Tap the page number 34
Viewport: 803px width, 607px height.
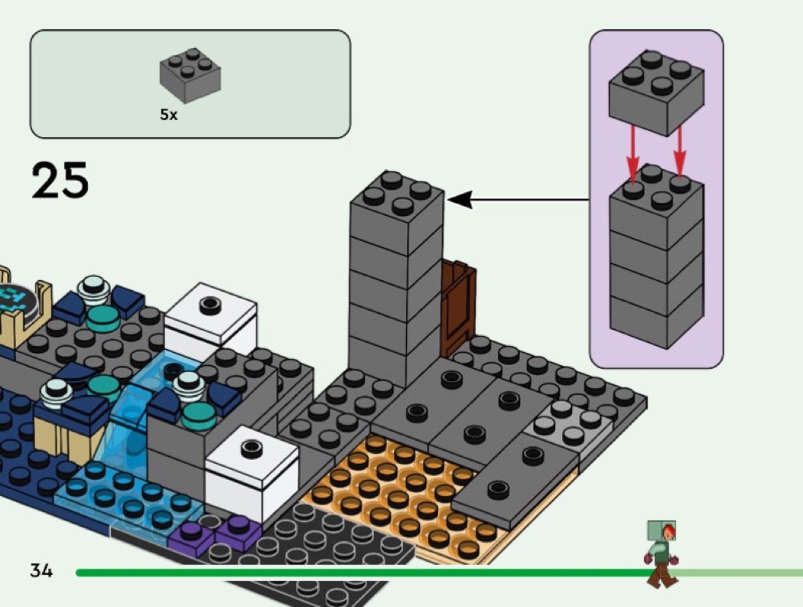[41, 570]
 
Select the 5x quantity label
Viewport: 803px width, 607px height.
[168, 115]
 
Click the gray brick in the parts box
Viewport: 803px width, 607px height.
[190, 77]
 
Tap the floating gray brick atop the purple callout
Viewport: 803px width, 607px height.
[656, 92]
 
